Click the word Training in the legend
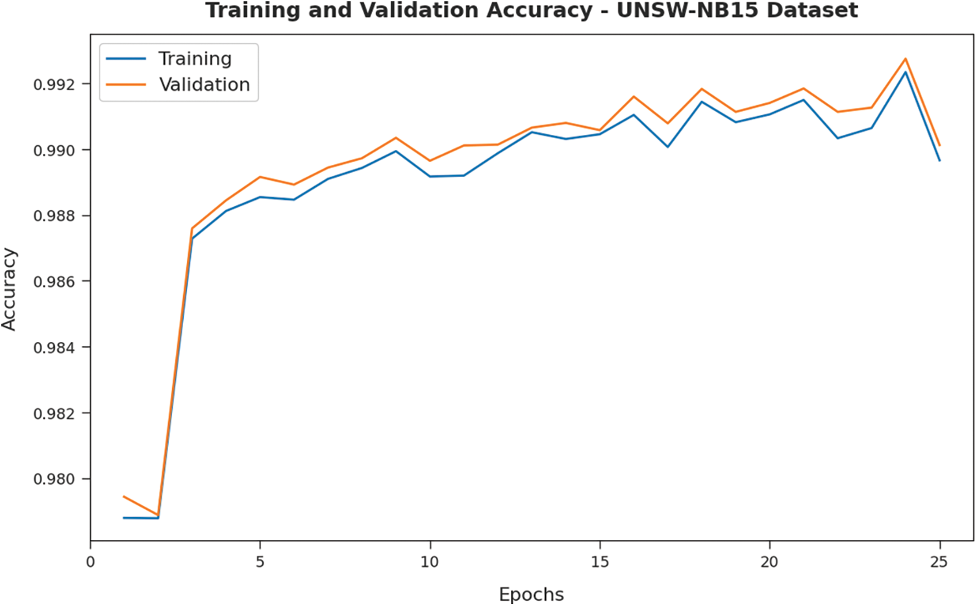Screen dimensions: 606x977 click(x=195, y=59)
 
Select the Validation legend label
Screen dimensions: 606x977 click(x=204, y=85)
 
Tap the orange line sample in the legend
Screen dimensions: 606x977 click(x=126, y=85)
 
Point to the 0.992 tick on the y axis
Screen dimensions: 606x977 click(x=55, y=84)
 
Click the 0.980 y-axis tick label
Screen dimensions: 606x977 click(x=55, y=479)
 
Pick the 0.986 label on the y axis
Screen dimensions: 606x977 click(x=55, y=282)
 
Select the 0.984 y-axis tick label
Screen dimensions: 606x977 click(x=55, y=348)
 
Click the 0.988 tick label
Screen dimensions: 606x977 click(x=55, y=215)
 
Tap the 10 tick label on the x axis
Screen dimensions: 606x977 click(x=430, y=562)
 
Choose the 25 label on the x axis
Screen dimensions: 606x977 click(x=939, y=562)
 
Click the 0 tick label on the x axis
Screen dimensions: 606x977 click(x=90, y=562)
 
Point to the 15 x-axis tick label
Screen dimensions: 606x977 click(x=600, y=562)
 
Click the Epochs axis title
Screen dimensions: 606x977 click(x=531, y=594)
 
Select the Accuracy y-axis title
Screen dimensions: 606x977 click(x=9, y=289)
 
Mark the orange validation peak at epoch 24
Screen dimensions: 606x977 click(x=905, y=59)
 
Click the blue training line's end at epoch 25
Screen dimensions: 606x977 click(x=939, y=160)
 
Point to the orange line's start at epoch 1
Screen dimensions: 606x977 click(x=124, y=496)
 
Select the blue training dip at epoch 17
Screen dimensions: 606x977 click(x=667, y=147)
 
